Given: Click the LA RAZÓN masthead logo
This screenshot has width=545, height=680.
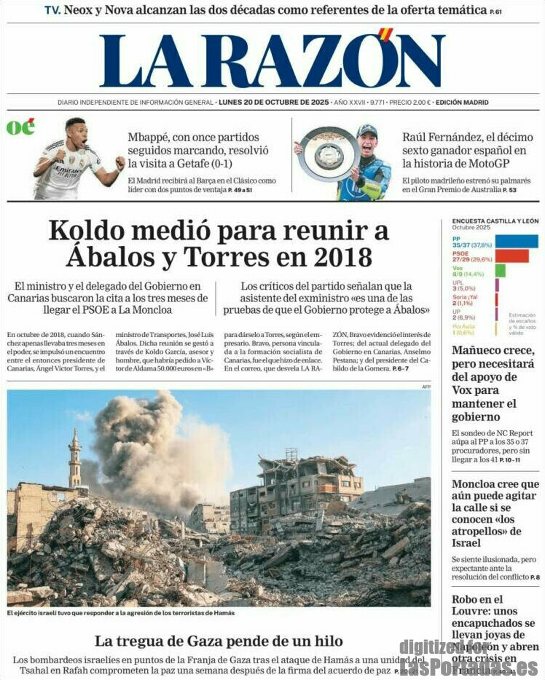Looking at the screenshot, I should (x=272, y=60).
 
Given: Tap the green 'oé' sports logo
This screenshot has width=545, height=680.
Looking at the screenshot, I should (x=20, y=127).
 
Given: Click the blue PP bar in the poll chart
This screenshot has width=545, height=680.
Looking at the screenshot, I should (x=516, y=241).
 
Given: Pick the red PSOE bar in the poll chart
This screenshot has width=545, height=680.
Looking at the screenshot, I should (x=511, y=256).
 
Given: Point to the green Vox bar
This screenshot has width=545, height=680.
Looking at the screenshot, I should (x=500, y=271).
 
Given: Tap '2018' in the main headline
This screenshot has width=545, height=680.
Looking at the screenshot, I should (x=344, y=257).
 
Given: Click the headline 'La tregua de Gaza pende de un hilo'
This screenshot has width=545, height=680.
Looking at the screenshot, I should (x=219, y=641).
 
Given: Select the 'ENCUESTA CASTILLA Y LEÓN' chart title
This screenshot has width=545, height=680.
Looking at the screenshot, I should (x=495, y=221).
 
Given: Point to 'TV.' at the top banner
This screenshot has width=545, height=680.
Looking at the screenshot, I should (x=52, y=10).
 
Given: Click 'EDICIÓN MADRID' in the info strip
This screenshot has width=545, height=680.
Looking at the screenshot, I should (x=462, y=103).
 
